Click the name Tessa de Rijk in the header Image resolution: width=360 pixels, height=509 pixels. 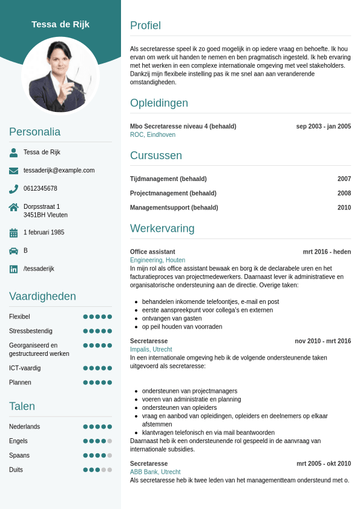tap(61, 24)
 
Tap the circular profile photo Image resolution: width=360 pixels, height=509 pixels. tap(61, 76)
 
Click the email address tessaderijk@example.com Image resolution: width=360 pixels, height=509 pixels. tap(59, 171)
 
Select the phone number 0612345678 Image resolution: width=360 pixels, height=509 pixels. tap(41, 189)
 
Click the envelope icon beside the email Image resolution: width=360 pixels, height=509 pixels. tap(13, 171)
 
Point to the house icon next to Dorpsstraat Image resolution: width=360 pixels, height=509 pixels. tap(13, 207)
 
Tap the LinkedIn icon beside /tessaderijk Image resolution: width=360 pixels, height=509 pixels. tap(13, 269)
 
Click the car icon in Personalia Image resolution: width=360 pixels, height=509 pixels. tap(13, 251)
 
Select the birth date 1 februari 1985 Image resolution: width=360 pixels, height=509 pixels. tap(44, 232)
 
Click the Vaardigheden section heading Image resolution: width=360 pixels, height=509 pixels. tap(42, 297)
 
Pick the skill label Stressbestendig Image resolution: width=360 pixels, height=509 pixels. tap(31, 331)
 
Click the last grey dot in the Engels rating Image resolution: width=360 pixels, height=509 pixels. tap(110, 441)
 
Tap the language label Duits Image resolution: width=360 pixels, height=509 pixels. tap(16, 470)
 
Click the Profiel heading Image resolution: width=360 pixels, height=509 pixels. tap(145, 25)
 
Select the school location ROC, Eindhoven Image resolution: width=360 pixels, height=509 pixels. tap(152, 135)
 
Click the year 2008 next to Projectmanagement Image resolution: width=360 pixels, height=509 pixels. tap(344, 194)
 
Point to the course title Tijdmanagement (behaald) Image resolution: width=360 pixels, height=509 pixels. tap(168, 179)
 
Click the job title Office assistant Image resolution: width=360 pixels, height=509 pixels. tap(152, 252)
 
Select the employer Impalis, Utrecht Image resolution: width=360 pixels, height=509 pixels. tap(151, 350)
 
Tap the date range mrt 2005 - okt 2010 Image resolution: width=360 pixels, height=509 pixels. tap(324, 464)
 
